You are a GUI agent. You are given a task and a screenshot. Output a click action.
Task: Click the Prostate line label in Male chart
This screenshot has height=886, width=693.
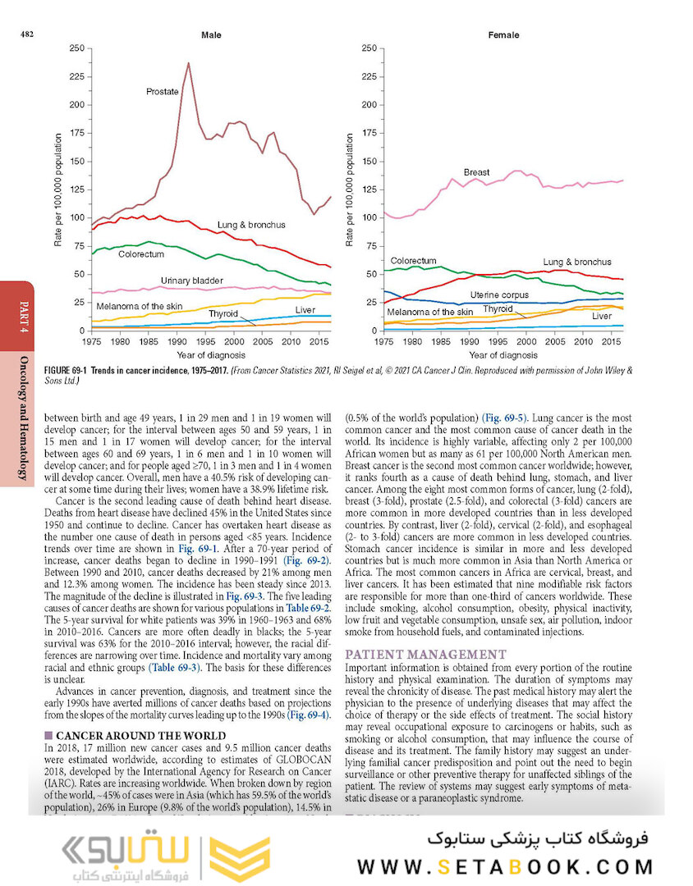point(163,92)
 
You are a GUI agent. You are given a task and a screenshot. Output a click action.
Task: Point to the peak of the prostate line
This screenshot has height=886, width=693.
point(188,62)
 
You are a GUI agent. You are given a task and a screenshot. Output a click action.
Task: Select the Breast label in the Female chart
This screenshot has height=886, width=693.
point(476,172)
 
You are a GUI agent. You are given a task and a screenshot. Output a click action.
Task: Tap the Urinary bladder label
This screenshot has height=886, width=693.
point(191,281)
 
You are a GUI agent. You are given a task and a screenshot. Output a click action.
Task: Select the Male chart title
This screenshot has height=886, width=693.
point(211,35)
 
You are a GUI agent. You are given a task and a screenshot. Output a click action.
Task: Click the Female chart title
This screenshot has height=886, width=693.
point(503,35)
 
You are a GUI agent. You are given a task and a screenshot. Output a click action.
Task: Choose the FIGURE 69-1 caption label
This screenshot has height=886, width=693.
point(69,371)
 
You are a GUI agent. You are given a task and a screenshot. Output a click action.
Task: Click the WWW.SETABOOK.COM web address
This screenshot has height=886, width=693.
point(505,866)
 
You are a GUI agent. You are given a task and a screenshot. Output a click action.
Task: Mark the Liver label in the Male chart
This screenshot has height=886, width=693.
point(305,310)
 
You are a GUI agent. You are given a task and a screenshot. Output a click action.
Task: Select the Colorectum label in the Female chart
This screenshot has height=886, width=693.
point(413,261)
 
